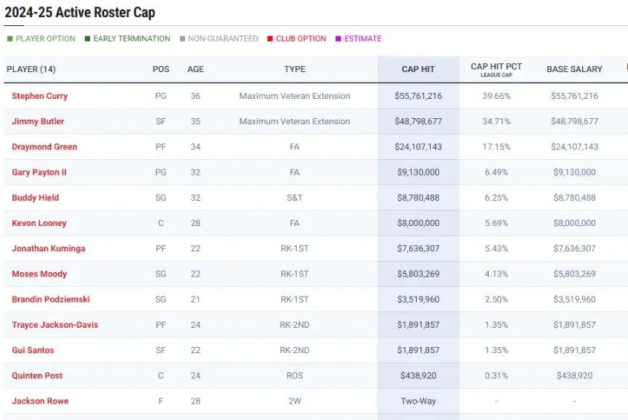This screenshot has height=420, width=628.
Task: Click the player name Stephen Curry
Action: point(39,96)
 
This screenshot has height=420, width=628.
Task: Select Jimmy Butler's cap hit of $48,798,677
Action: point(418,121)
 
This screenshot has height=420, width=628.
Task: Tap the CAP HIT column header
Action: point(418,69)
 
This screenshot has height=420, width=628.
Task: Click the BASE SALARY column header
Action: point(574,69)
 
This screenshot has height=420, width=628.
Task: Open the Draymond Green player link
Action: point(45,147)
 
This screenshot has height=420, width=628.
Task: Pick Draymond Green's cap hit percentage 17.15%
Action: point(496,147)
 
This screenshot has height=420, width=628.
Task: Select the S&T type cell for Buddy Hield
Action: point(295,198)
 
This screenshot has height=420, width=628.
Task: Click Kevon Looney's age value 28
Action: point(196,223)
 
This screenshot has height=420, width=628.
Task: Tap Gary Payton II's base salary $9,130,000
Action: point(574,172)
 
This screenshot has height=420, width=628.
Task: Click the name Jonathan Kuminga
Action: point(48,249)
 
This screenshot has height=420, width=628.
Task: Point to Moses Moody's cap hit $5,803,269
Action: point(418,274)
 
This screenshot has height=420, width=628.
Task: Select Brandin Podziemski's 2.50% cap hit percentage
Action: point(496,300)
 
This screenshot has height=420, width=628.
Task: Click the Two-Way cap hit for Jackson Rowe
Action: point(418,401)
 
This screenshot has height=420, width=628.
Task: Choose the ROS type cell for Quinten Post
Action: point(295,376)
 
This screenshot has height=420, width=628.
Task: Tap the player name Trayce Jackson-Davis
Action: point(55,325)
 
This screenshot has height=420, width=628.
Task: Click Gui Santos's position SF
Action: point(161,350)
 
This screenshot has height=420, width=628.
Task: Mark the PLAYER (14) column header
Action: point(31,69)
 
